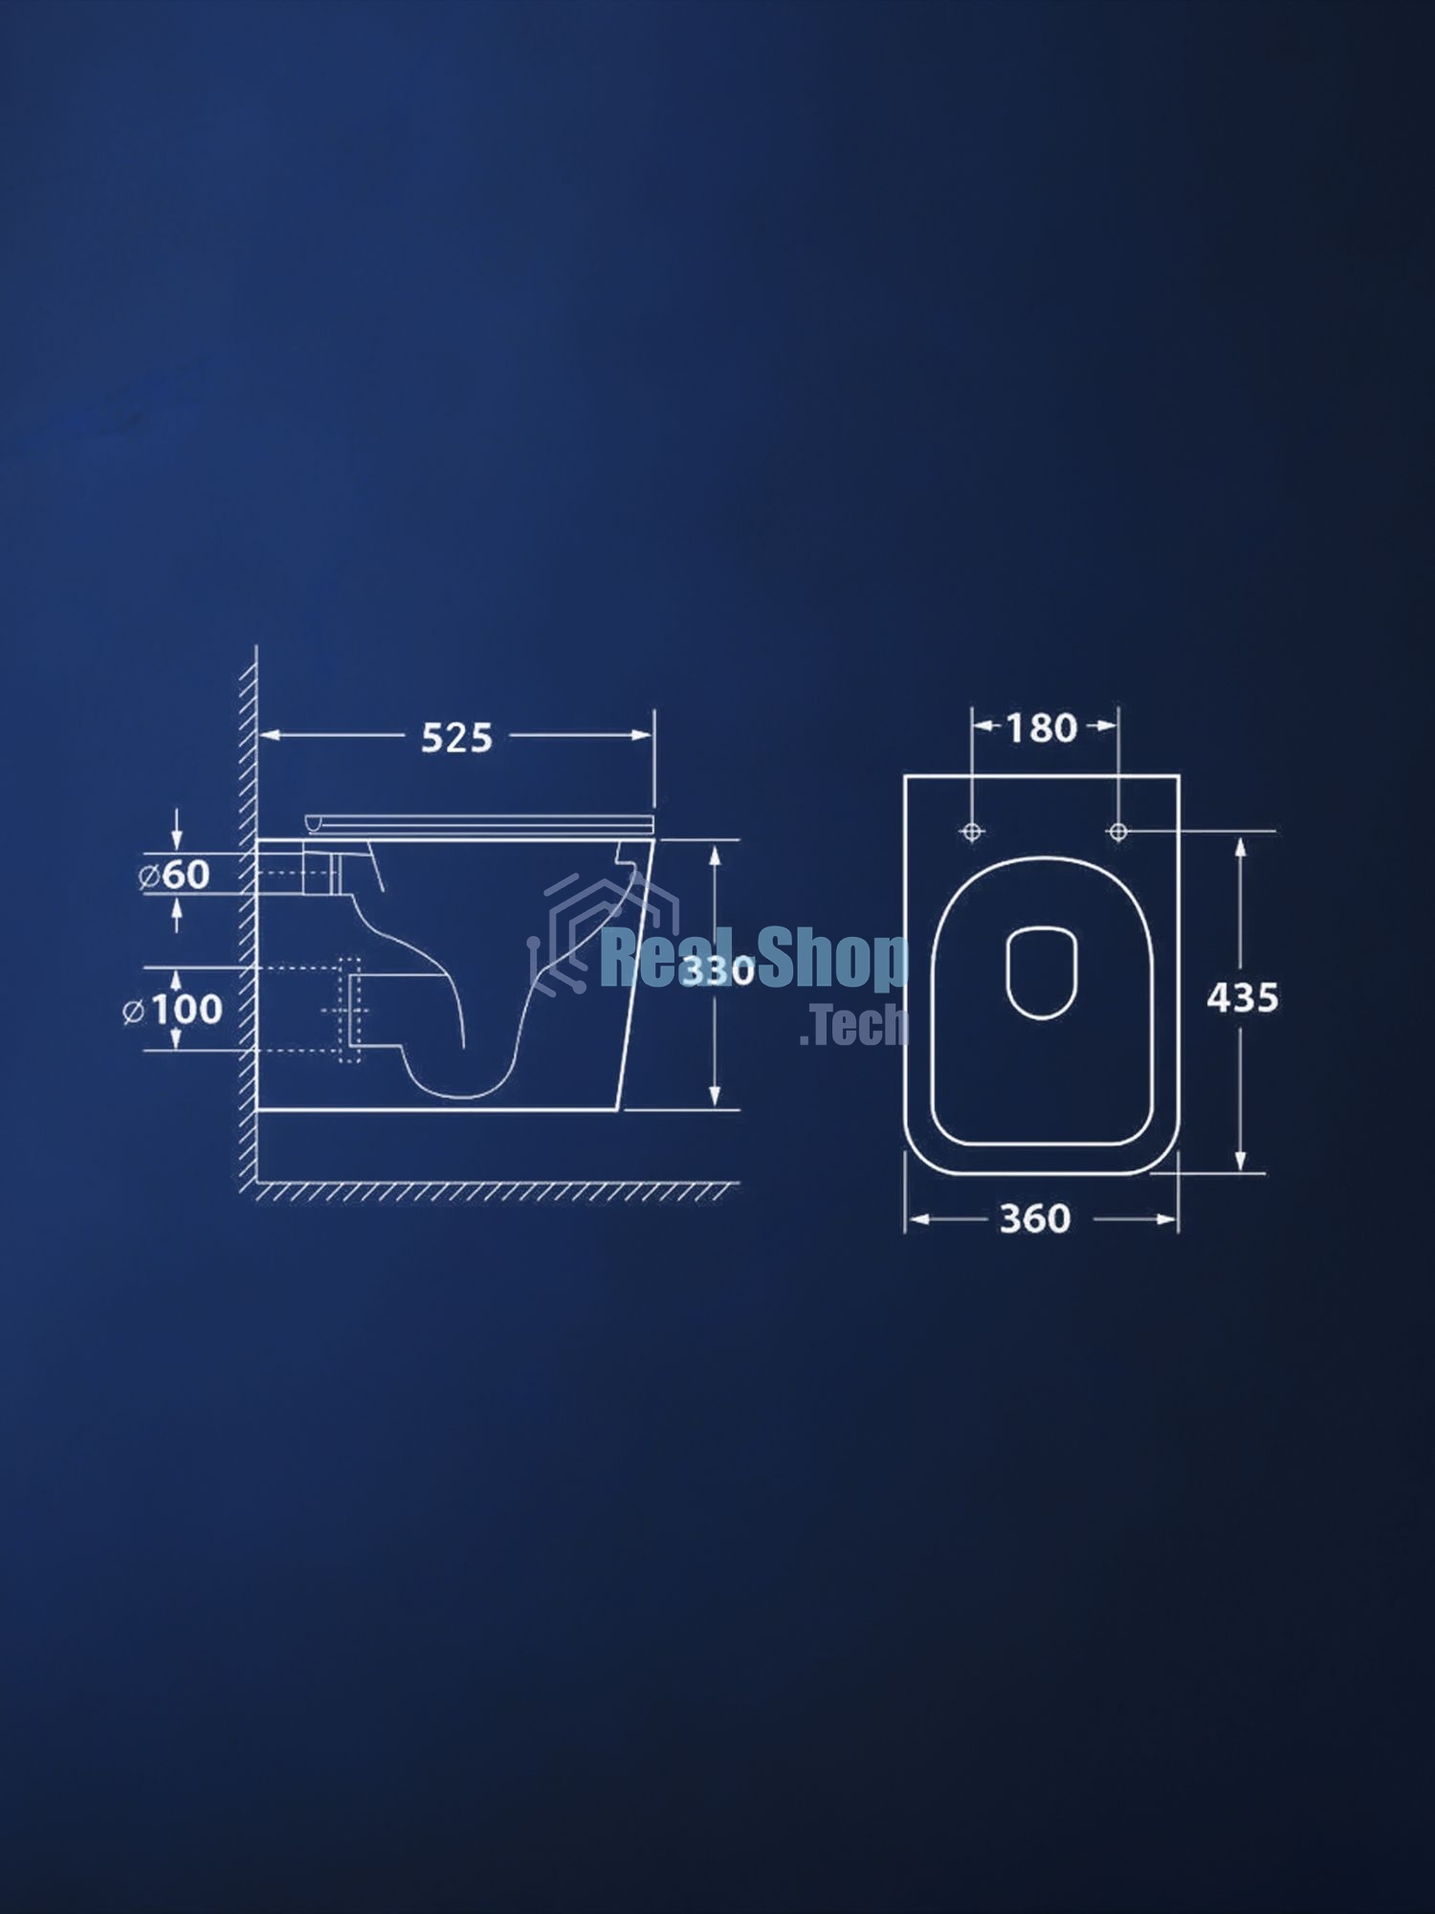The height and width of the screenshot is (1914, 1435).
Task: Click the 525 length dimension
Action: pos(457,738)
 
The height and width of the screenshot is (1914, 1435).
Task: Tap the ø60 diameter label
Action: pos(174,875)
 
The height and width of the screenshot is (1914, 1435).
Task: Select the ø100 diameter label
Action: pos(173,1010)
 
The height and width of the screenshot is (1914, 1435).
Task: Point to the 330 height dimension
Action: pos(717,970)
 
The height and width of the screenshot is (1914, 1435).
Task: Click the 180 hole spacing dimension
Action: pos(1042,728)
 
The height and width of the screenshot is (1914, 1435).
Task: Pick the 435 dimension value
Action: pos(1243,998)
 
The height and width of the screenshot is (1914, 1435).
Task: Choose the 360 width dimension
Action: pos(1035,1219)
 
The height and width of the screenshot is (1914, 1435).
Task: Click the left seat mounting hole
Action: pos(972,832)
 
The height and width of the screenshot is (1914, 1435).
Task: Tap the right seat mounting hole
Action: pos(1117,832)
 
